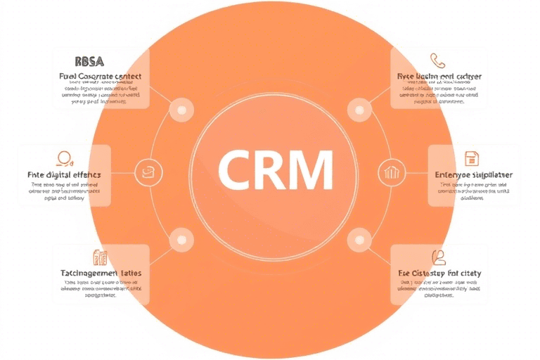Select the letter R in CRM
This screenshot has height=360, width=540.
[x=268, y=169]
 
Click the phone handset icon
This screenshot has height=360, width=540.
[x=439, y=60]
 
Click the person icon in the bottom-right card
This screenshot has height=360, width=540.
[x=439, y=256]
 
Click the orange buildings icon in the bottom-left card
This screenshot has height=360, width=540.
[x=100, y=257]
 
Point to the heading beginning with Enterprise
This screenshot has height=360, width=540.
[x=474, y=174]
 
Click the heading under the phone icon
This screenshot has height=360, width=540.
[x=439, y=75]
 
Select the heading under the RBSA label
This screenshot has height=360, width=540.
[x=101, y=75]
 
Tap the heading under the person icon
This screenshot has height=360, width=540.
[x=439, y=272]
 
